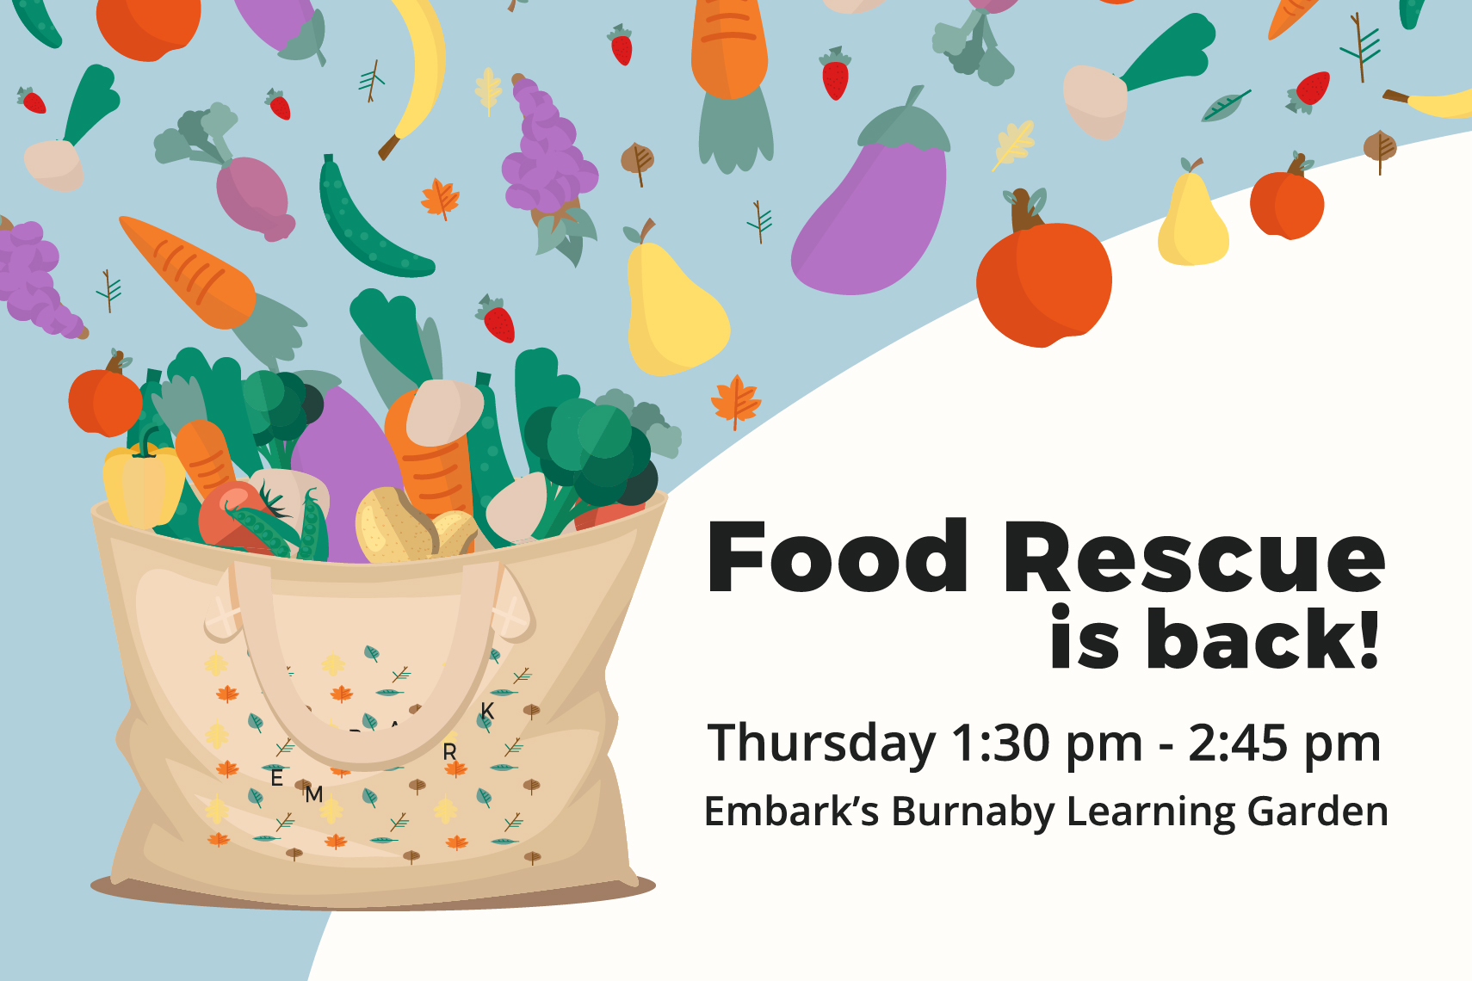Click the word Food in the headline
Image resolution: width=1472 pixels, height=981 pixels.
[x=837, y=557]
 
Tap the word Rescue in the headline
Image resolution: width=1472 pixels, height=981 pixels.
[x=1194, y=557]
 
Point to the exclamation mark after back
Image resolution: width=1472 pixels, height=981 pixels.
[x=1368, y=637]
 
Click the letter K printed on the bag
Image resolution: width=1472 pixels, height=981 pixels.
[x=487, y=711]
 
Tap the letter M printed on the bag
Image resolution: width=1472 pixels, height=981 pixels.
[x=314, y=794]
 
